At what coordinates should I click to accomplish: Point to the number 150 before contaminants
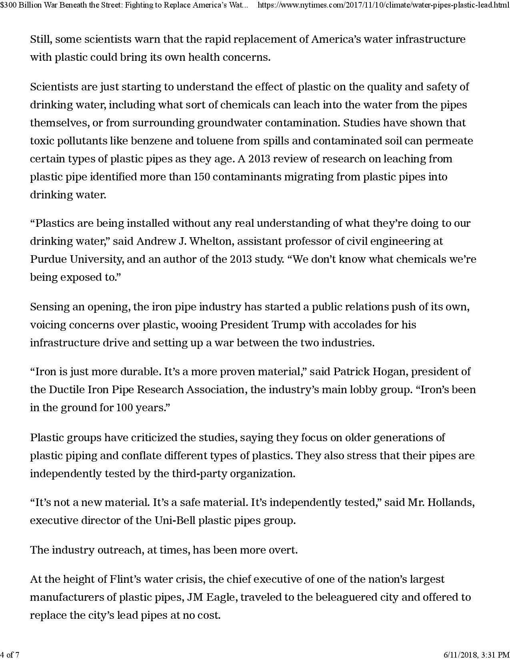[x=202, y=177]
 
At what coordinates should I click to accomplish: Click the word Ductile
[x=67, y=390]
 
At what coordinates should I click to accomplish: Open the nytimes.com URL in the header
[x=383, y=5]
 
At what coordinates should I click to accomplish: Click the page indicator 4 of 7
[x=10, y=655]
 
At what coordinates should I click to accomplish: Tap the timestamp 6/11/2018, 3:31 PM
[x=476, y=655]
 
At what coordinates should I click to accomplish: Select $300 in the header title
[x=7, y=5]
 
